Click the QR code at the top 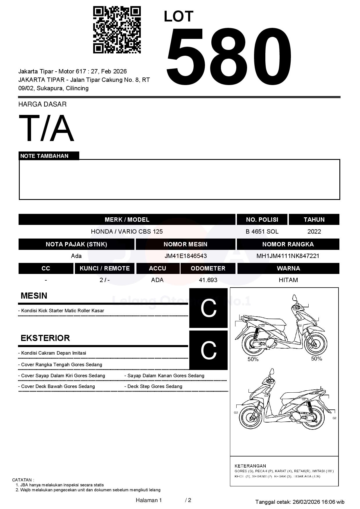(117, 30)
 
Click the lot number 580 (228, 57)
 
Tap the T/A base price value (46, 128)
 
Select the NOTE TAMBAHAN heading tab (44, 156)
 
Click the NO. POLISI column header (262, 219)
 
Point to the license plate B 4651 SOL (262, 231)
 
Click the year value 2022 (314, 231)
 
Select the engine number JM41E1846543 (186, 256)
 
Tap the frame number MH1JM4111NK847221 (288, 256)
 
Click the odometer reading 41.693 (208, 280)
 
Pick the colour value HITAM (288, 280)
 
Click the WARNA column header (288, 268)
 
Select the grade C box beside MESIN (208, 308)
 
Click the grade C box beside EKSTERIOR (208, 350)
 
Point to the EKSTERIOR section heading (45, 338)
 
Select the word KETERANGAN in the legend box (250, 466)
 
